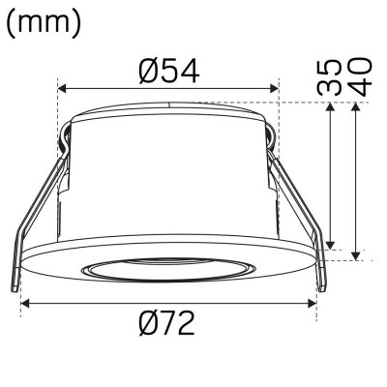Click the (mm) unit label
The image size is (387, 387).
[43, 23]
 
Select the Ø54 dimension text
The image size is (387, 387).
[168, 72]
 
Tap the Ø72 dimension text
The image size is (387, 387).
[166, 323]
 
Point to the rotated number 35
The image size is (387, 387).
[331, 76]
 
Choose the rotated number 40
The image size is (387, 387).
[361, 76]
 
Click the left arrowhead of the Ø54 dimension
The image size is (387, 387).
[64, 90]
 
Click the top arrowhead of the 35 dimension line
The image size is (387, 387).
[331, 107]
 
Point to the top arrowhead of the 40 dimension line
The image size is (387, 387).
[360, 107]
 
